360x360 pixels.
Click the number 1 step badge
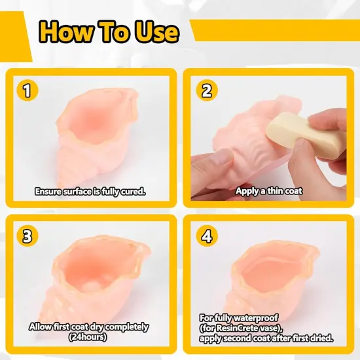point(27,90)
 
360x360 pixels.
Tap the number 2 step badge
point(207,90)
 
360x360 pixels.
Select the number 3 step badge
point(27,236)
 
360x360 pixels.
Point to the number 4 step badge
point(207,236)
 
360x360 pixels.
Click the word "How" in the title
point(67,31)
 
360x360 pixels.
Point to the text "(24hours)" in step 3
point(88,337)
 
